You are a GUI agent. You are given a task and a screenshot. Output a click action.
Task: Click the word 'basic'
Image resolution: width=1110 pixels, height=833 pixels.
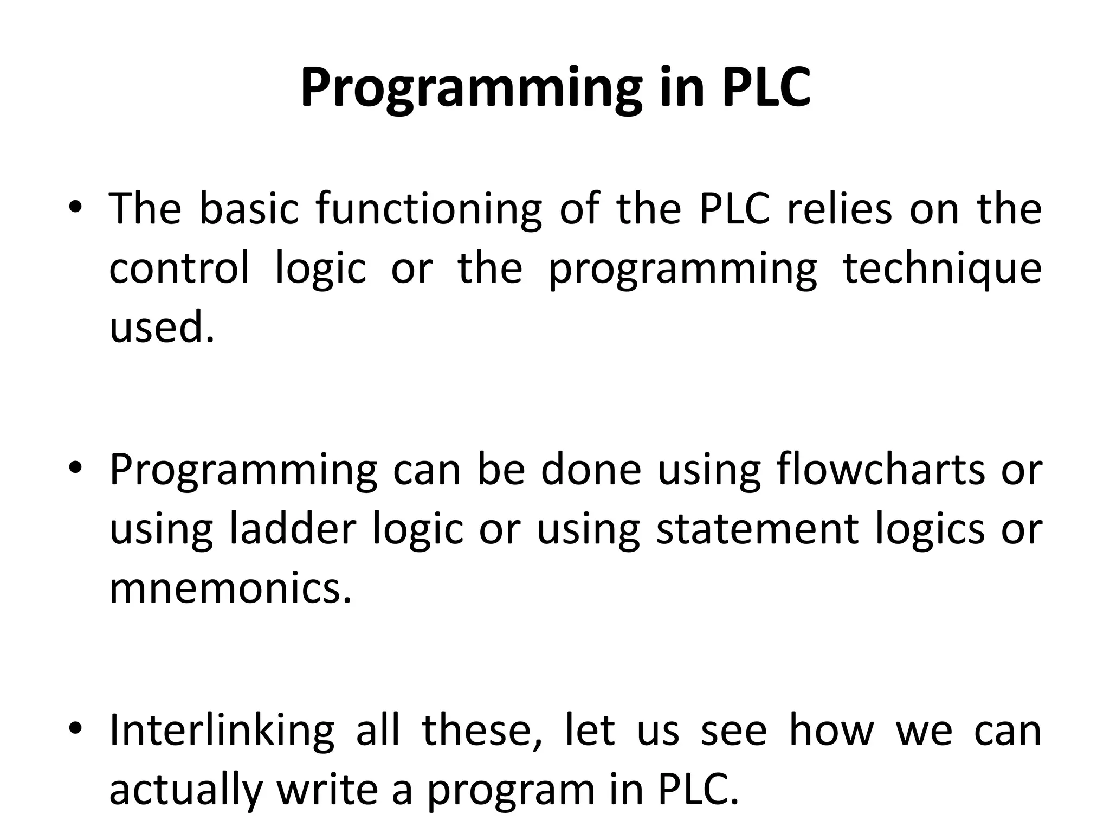tap(249, 208)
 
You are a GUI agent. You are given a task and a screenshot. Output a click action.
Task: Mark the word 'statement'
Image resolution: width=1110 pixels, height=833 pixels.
tap(757, 529)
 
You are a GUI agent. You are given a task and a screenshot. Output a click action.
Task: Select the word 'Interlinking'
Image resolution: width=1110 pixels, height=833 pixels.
tap(222, 730)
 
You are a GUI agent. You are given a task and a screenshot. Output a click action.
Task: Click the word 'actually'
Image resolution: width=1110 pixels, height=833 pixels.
tap(186, 791)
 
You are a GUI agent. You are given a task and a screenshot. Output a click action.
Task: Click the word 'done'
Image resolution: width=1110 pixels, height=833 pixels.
tap(591, 469)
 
